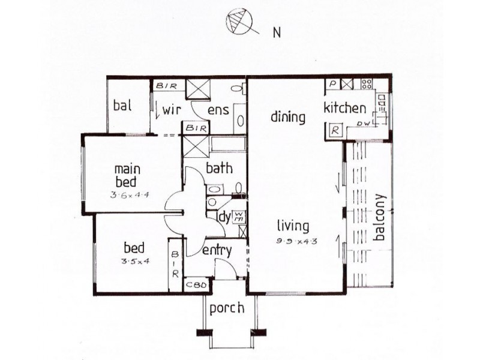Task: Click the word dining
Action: click(287, 116)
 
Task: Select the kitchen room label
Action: click(344, 109)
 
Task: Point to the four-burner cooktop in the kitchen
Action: click(366, 85)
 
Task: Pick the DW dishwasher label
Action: click(362, 123)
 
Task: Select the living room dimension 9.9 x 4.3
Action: click(293, 241)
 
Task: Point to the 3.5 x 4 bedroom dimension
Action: click(136, 261)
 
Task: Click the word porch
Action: click(227, 308)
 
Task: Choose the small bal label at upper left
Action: click(122, 105)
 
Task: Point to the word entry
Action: click(217, 250)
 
